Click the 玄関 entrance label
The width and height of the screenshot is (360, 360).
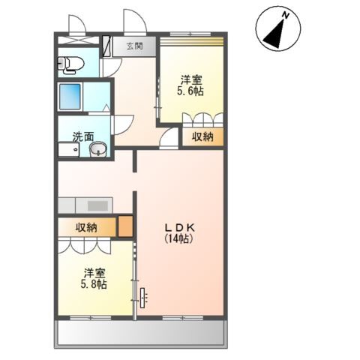coord(134,46)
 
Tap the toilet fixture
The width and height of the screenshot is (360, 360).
coord(70,64)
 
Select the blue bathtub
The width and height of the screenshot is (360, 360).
coord(70,97)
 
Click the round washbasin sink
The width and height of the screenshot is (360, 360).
coord(98,149)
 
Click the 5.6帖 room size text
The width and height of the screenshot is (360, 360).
coord(190,91)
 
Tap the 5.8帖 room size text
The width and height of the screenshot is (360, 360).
coord(94,284)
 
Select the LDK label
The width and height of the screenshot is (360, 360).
coord(179,227)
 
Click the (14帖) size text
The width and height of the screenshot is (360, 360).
coord(179,239)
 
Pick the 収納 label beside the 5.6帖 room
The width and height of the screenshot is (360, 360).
coord(202,136)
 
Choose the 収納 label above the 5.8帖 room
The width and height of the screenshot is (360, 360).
coord(86,227)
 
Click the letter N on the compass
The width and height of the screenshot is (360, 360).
coord(286,16)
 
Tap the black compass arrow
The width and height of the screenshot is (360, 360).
coord(275,34)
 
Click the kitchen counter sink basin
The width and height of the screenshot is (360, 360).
coord(97,205)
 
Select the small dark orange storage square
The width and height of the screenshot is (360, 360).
coord(125,226)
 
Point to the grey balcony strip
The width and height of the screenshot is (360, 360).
coord(141,332)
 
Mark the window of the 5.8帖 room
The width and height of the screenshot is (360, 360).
coord(90,318)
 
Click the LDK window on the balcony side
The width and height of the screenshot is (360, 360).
coord(183,318)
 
